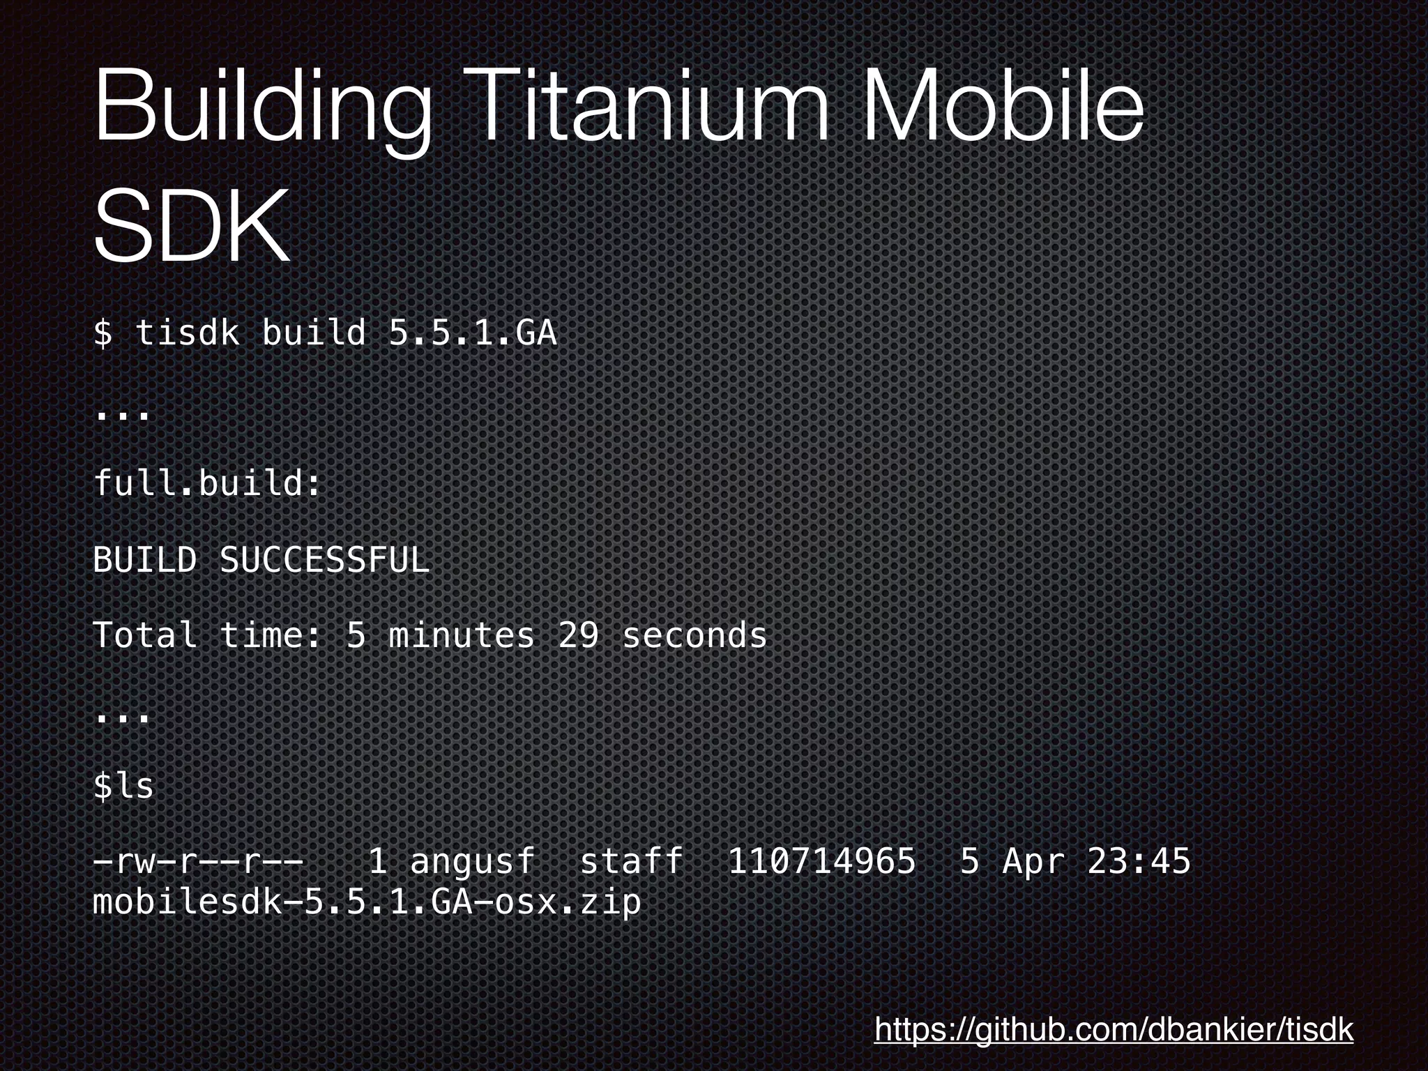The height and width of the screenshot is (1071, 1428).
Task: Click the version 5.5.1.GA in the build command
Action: click(x=473, y=333)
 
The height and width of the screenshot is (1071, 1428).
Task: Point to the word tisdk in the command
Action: click(x=187, y=333)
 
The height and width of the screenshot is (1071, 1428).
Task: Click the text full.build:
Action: click(x=207, y=483)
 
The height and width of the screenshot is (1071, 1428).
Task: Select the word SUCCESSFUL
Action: click(x=324, y=559)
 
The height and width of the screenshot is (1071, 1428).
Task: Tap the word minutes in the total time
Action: click(x=462, y=635)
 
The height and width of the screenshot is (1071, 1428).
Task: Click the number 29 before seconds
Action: click(x=578, y=635)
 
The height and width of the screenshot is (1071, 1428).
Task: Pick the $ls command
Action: click(x=123, y=786)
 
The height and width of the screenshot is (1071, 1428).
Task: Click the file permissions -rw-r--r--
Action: click(x=198, y=861)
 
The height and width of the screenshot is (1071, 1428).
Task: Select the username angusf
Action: click(x=472, y=861)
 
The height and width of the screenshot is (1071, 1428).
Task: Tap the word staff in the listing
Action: click(x=631, y=861)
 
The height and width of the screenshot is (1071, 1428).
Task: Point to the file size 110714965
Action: click(x=821, y=861)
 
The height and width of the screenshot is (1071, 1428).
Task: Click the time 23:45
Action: click(x=1138, y=861)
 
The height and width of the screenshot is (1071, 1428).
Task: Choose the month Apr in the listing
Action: click(x=1033, y=861)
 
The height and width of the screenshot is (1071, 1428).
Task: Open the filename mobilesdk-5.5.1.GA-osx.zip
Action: click(x=367, y=902)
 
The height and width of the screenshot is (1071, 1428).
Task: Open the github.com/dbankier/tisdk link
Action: click(x=1114, y=1029)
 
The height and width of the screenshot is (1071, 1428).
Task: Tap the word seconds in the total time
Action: click(x=694, y=635)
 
